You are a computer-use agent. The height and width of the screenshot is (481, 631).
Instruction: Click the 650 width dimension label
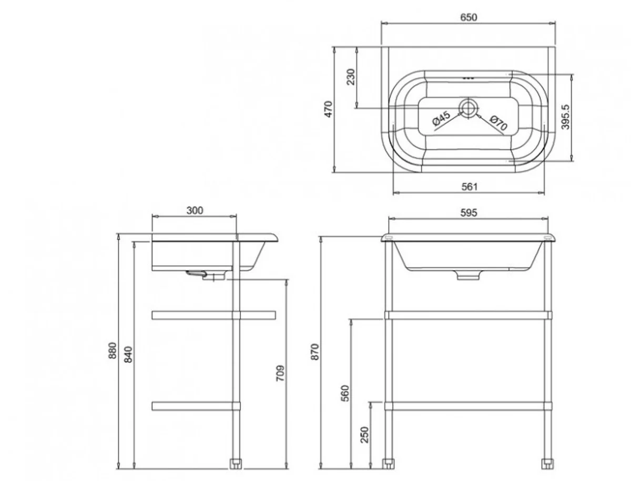point(469,17)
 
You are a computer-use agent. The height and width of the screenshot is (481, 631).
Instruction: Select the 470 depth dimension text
point(329,109)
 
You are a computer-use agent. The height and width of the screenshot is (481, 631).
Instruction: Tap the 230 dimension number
point(351,77)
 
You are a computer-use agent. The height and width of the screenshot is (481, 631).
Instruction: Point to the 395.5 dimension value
point(565,117)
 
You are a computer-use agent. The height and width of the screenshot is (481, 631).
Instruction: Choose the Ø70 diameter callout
point(497,123)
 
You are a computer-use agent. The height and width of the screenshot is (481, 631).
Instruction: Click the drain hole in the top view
point(467,107)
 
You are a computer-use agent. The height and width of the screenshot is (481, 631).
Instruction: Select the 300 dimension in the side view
point(195,210)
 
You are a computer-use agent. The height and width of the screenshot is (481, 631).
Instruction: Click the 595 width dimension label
point(469,213)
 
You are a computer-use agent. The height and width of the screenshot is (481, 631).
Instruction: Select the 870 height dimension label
point(315,351)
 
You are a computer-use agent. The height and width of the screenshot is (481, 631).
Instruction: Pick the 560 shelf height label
point(345,393)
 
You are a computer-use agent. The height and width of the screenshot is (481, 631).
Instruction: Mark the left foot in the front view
point(389,464)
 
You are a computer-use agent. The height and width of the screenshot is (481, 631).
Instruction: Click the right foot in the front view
point(547,464)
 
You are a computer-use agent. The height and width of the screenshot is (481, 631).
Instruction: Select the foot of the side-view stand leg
point(236,464)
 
